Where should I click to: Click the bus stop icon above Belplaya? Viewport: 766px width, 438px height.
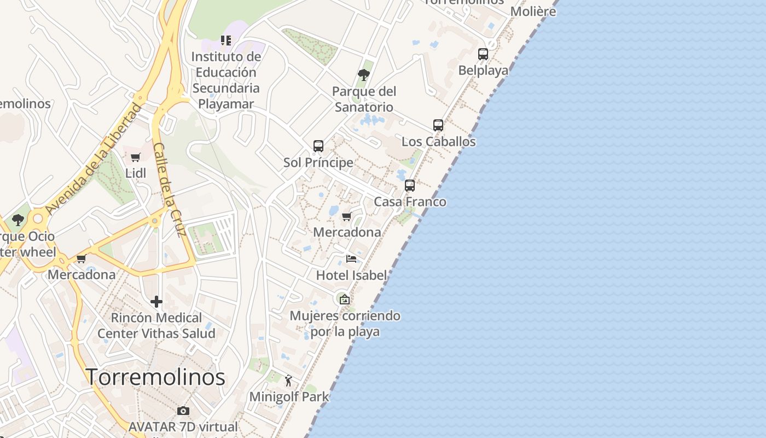click(483, 54)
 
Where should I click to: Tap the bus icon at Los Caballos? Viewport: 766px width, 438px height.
click(438, 125)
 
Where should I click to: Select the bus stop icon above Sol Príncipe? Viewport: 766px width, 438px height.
click(318, 146)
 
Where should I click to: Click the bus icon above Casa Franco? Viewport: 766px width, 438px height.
click(410, 185)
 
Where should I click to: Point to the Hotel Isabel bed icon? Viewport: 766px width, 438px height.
click(351, 258)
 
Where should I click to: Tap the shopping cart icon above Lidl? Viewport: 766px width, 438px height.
click(136, 158)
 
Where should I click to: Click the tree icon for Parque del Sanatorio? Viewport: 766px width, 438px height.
click(364, 74)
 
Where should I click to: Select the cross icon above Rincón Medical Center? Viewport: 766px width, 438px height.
click(156, 301)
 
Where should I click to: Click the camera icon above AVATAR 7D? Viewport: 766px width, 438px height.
click(183, 411)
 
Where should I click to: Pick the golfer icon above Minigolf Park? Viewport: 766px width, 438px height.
click(288, 380)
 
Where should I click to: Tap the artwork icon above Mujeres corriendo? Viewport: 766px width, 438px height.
click(344, 299)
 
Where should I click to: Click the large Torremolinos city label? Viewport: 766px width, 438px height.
click(155, 377)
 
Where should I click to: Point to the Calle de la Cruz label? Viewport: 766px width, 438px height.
click(170, 189)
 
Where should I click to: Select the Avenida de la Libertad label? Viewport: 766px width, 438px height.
click(93, 159)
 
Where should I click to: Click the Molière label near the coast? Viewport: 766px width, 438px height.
click(533, 11)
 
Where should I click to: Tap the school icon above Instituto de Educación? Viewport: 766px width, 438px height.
click(226, 40)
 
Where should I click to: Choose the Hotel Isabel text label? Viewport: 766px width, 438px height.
click(351, 275)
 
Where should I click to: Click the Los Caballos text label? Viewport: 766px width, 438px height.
click(438, 141)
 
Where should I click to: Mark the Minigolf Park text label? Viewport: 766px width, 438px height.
click(289, 396)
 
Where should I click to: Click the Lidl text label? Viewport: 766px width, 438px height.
click(136, 173)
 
